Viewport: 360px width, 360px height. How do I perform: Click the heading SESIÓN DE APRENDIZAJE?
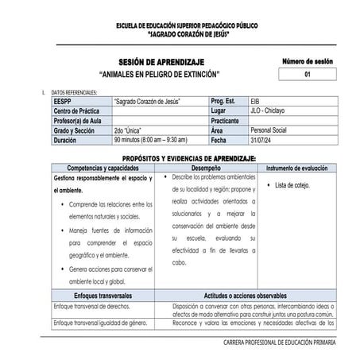coord(161,62)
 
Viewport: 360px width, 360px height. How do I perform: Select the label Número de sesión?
coord(307,61)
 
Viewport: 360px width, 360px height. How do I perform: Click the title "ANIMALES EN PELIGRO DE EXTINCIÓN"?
coord(161,74)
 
